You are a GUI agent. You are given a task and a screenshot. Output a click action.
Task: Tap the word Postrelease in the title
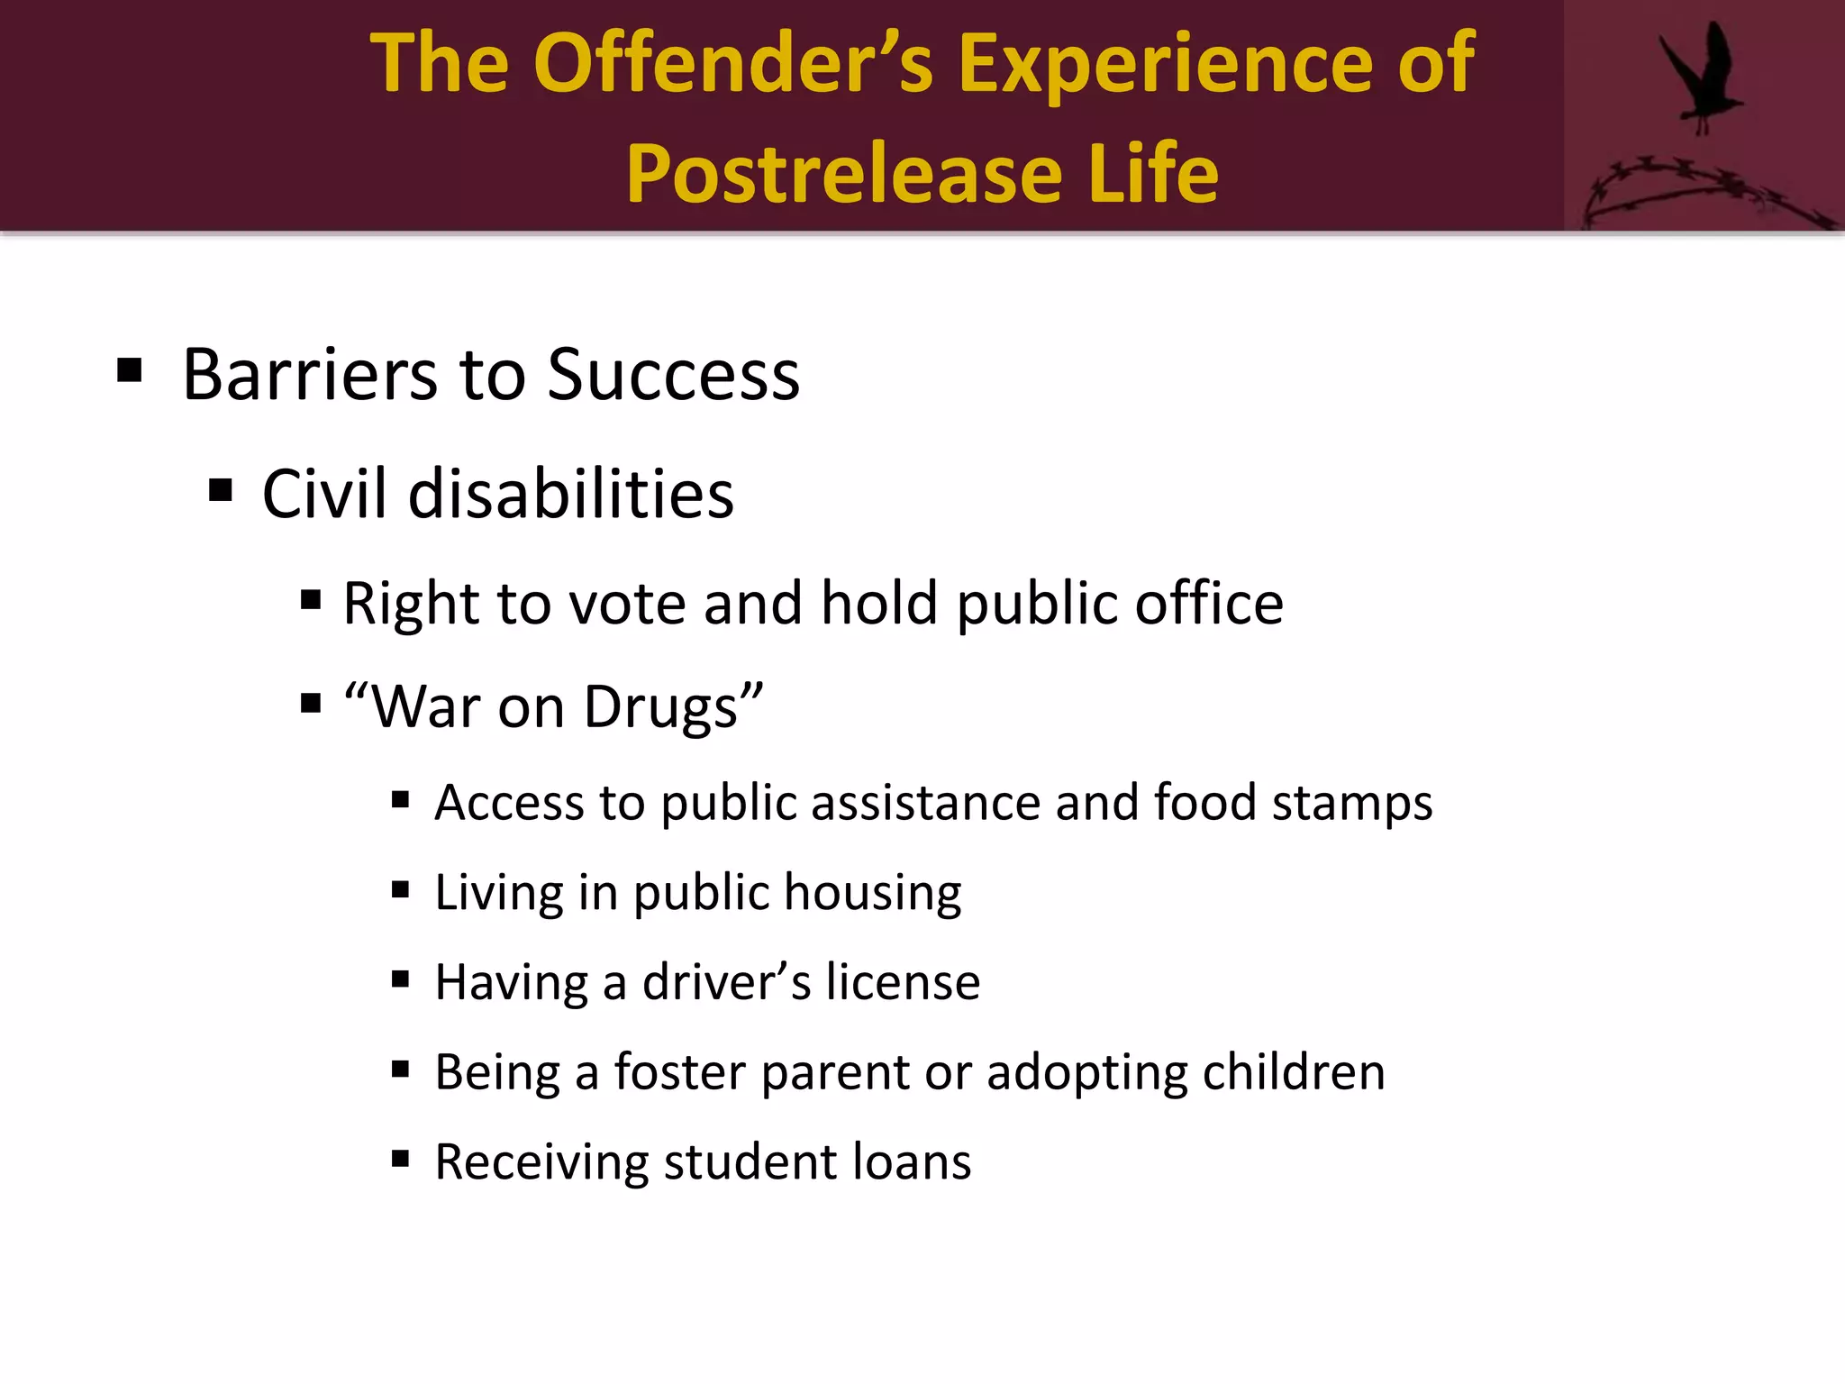pyautogui.click(x=845, y=174)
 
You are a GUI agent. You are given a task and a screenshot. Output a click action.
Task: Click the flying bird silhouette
pyautogui.click(x=1701, y=77)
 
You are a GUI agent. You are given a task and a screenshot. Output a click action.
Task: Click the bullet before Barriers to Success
pyautogui.click(x=130, y=370)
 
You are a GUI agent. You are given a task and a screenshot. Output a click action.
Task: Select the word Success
pyautogui.click(x=673, y=375)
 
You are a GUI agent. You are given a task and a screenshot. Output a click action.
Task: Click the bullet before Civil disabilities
pyautogui.click(x=221, y=491)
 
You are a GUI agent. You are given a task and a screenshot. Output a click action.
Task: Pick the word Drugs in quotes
pyautogui.click(x=661, y=708)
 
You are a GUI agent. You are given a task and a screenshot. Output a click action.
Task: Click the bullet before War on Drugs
pyautogui.click(x=311, y=703)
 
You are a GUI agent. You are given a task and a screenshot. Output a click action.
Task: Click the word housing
pyautogui.click(x=872, y=894)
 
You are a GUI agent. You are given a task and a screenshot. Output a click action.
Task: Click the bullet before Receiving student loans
pyautogui.click(x=401, y=1159)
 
